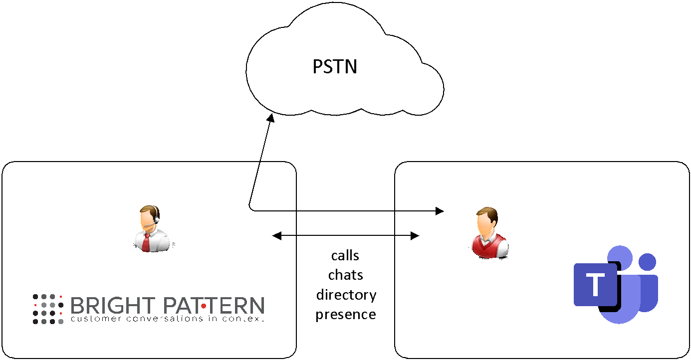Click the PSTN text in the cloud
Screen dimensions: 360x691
(335, 66)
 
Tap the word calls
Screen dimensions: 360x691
(345, 255)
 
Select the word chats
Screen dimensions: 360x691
(345, 275)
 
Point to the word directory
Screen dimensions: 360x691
(346, 295)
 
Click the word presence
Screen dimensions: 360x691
(346, 315)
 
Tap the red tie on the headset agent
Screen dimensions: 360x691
(146, 243)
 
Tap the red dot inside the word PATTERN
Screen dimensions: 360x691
(204, 306)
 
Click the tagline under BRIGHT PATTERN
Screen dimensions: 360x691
(167, 318)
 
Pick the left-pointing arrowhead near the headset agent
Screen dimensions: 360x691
(276, 236)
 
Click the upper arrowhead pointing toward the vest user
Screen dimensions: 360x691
(440, 211)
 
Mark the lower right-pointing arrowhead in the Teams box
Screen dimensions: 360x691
(415, 235)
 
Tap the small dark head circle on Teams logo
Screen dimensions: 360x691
(647, 262)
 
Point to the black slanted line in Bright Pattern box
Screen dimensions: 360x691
(254, 184)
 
